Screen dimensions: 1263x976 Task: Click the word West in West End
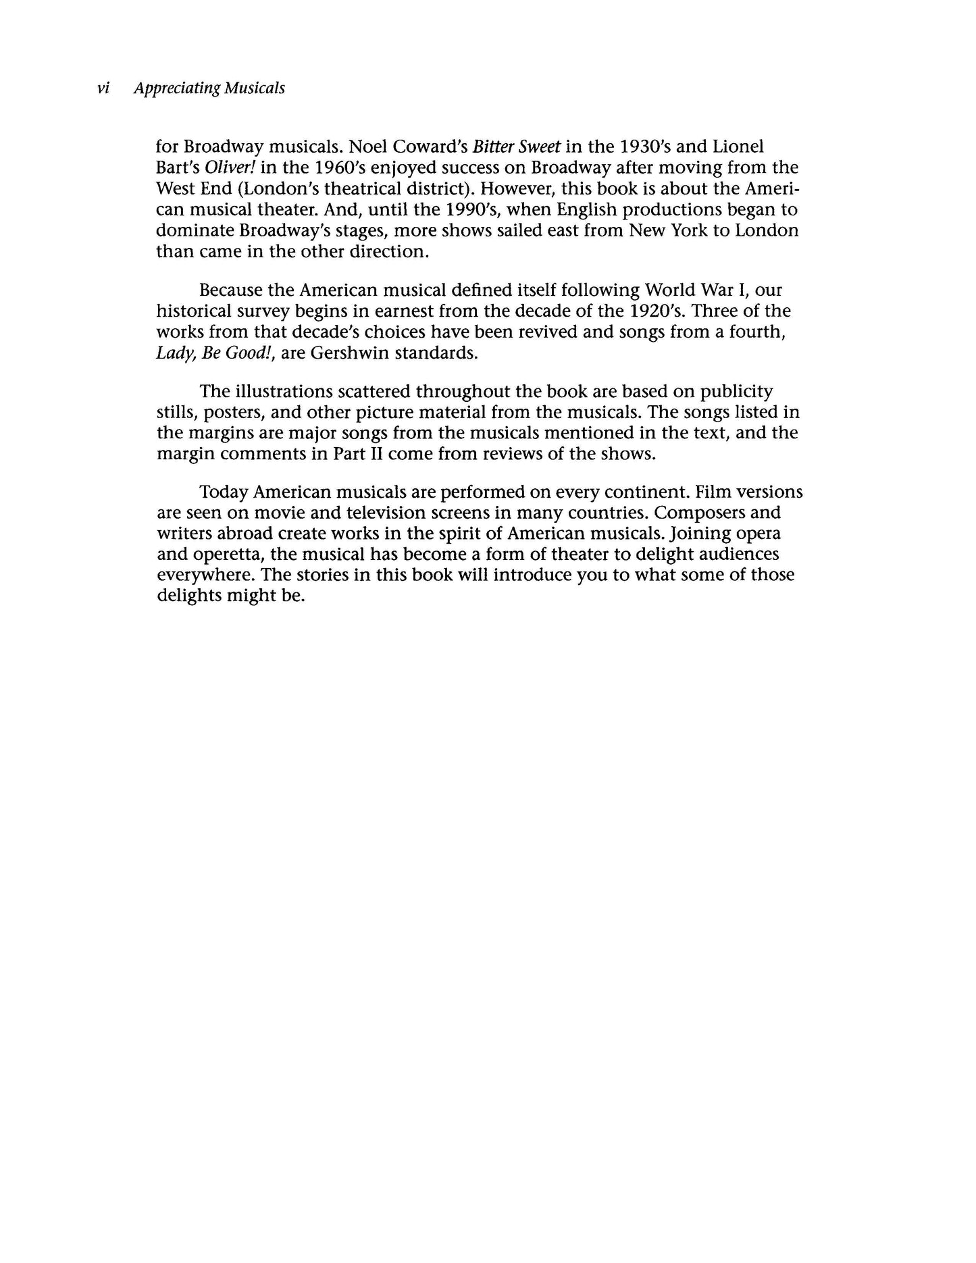pos(177,188)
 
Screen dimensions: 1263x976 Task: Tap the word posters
pos(232,413)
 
